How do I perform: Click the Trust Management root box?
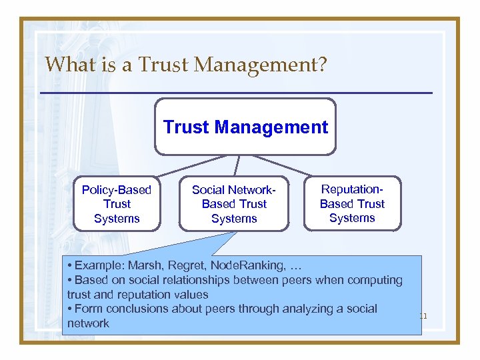[245, 127]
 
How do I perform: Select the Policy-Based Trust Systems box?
[117, 204]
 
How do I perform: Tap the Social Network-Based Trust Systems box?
[234, 204]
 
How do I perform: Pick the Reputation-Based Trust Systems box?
[352, 203]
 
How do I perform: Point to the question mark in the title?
[322, 65]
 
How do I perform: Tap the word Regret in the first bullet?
[173, 265]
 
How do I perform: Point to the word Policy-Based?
[117, 190]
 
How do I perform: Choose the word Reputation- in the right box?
[352, 189]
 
